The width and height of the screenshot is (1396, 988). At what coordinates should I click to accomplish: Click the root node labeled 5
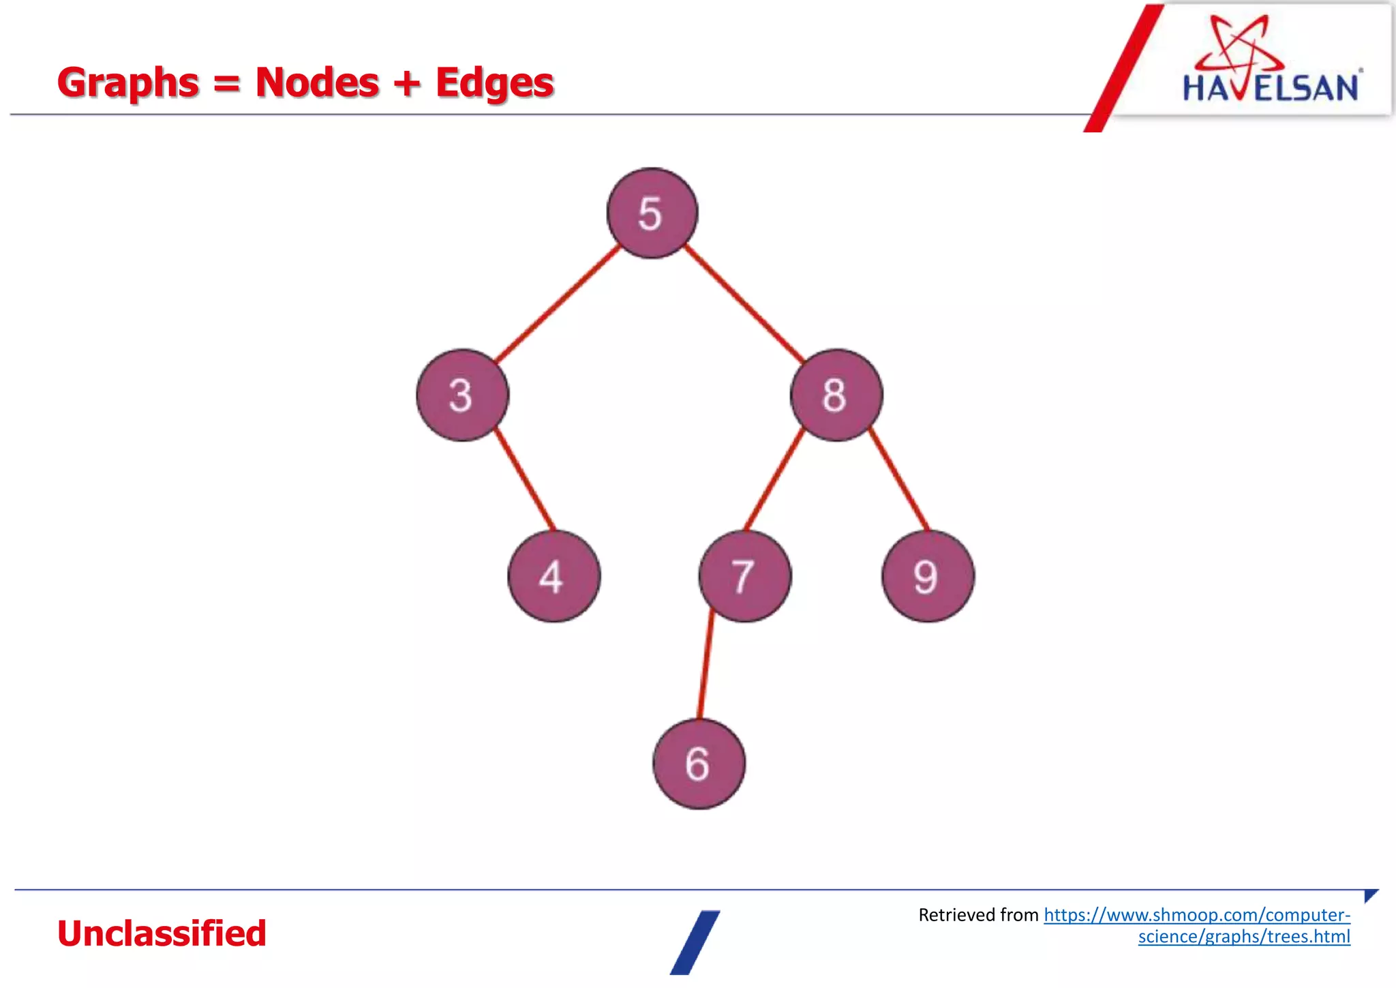pyautogui.click(x=652, y=213)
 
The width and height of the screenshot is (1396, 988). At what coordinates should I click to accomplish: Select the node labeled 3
pyautogui.click(x=462, y=395)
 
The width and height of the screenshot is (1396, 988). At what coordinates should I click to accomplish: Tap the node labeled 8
pyautogui.click(x=836, y=395)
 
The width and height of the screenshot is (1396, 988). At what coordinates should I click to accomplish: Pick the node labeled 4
pyautogui.click(x=553, y=576)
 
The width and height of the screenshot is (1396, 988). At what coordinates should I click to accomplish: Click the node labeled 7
pyautogui.click(x=745, y=576)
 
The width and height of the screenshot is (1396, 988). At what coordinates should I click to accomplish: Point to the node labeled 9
pyautogui.click(x=928, y=576)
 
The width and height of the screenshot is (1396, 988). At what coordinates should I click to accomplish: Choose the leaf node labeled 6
pyautogui.click(x=699, y=764)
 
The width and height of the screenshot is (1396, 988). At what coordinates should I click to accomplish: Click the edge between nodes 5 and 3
pyautogui.click(x=556, y=304)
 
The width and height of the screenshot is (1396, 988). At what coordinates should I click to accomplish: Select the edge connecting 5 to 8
pyautogui.click(x=744, y=304)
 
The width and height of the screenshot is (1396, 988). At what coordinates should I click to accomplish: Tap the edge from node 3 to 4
pyautogui.click(x=524, y=479)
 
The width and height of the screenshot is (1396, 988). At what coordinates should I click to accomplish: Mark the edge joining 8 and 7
pyautogui.click(x=774, y=479)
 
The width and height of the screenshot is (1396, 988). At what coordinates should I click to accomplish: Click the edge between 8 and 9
pyautogui.click(x=898, y=479)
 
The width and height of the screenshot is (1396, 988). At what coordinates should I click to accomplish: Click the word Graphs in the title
pyautogui.click(x=128, y=83)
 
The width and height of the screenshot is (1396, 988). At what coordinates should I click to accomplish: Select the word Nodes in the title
pyautogui.click(x=317, y=83)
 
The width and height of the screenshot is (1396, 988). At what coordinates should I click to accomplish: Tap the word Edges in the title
pyautogui.click(x=494, y=83)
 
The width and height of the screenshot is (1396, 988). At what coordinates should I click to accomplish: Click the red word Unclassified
pyautogui.click(x=162, y=933)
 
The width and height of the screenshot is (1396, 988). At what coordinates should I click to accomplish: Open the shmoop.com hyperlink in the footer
pyautogui.click(x=1196, y=915)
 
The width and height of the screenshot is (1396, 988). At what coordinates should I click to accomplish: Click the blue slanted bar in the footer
pyautogui.click(x=695, y=942)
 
